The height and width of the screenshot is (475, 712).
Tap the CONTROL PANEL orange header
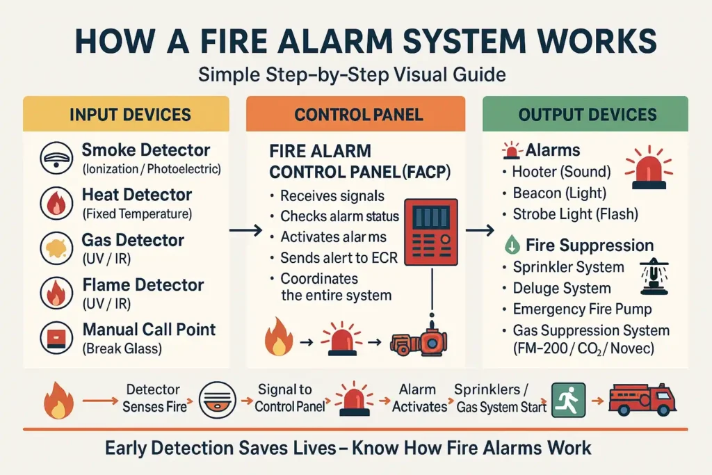[x=359, y=115]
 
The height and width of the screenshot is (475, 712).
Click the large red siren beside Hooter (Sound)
[x=649, y=169]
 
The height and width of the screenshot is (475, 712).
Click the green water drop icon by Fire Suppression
[x=511, y=245]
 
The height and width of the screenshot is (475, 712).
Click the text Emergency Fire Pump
[x=582, y=309]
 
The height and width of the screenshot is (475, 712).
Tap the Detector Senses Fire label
[x=153, y=398]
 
